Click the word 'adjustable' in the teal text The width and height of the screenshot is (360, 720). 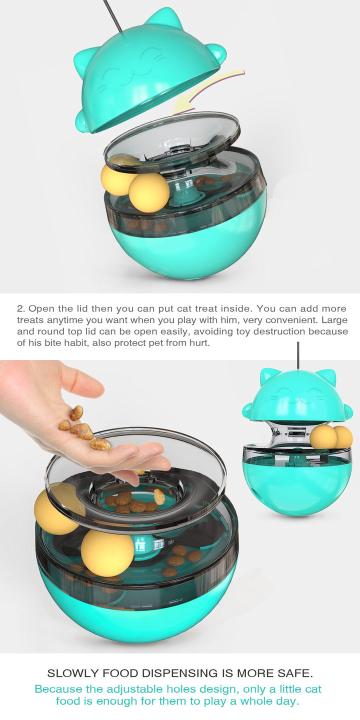point(134,689)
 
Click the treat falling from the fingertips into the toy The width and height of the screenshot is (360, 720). point(159,496)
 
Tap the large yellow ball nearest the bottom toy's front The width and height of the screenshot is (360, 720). point(106,553)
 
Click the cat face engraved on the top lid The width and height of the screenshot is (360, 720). point(132,66)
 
